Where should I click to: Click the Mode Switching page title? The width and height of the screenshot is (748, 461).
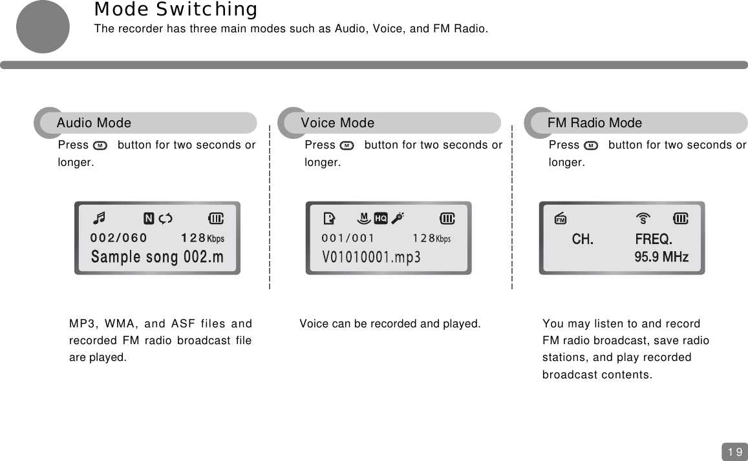click(175, 10)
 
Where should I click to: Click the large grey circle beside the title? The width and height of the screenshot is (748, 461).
click(43, 26)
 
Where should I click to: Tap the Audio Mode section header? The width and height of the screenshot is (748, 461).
click(94, 123)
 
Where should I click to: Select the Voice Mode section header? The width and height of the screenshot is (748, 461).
click(337, 123)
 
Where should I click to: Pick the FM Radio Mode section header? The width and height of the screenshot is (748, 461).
click(595, 123)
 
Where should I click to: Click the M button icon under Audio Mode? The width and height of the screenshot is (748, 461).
click(100, 145)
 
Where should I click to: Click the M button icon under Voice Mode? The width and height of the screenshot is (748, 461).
click(347, 145)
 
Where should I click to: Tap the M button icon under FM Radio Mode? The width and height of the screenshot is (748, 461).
click(591, 145)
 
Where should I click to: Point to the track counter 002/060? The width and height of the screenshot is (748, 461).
click(118, 238)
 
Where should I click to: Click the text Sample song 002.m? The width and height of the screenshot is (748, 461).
click(157, 257)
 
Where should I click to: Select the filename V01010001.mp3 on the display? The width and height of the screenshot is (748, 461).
click(371, 258)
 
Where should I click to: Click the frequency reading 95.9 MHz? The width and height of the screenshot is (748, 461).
click(661, 257)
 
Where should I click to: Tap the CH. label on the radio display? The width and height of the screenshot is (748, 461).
click(582, 240)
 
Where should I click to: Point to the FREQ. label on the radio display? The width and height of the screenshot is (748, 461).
click(654, 240)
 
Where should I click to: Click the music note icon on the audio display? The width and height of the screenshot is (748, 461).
click(102, 218)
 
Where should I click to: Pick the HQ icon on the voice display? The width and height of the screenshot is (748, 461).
click(381, 218)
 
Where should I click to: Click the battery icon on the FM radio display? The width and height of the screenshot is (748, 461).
click(680, 218)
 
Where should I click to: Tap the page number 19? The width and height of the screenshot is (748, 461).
click(734, 451)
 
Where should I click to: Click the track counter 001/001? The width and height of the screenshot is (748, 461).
click(348, 238)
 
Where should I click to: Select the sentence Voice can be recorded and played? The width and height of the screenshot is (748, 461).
click(390, 323)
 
